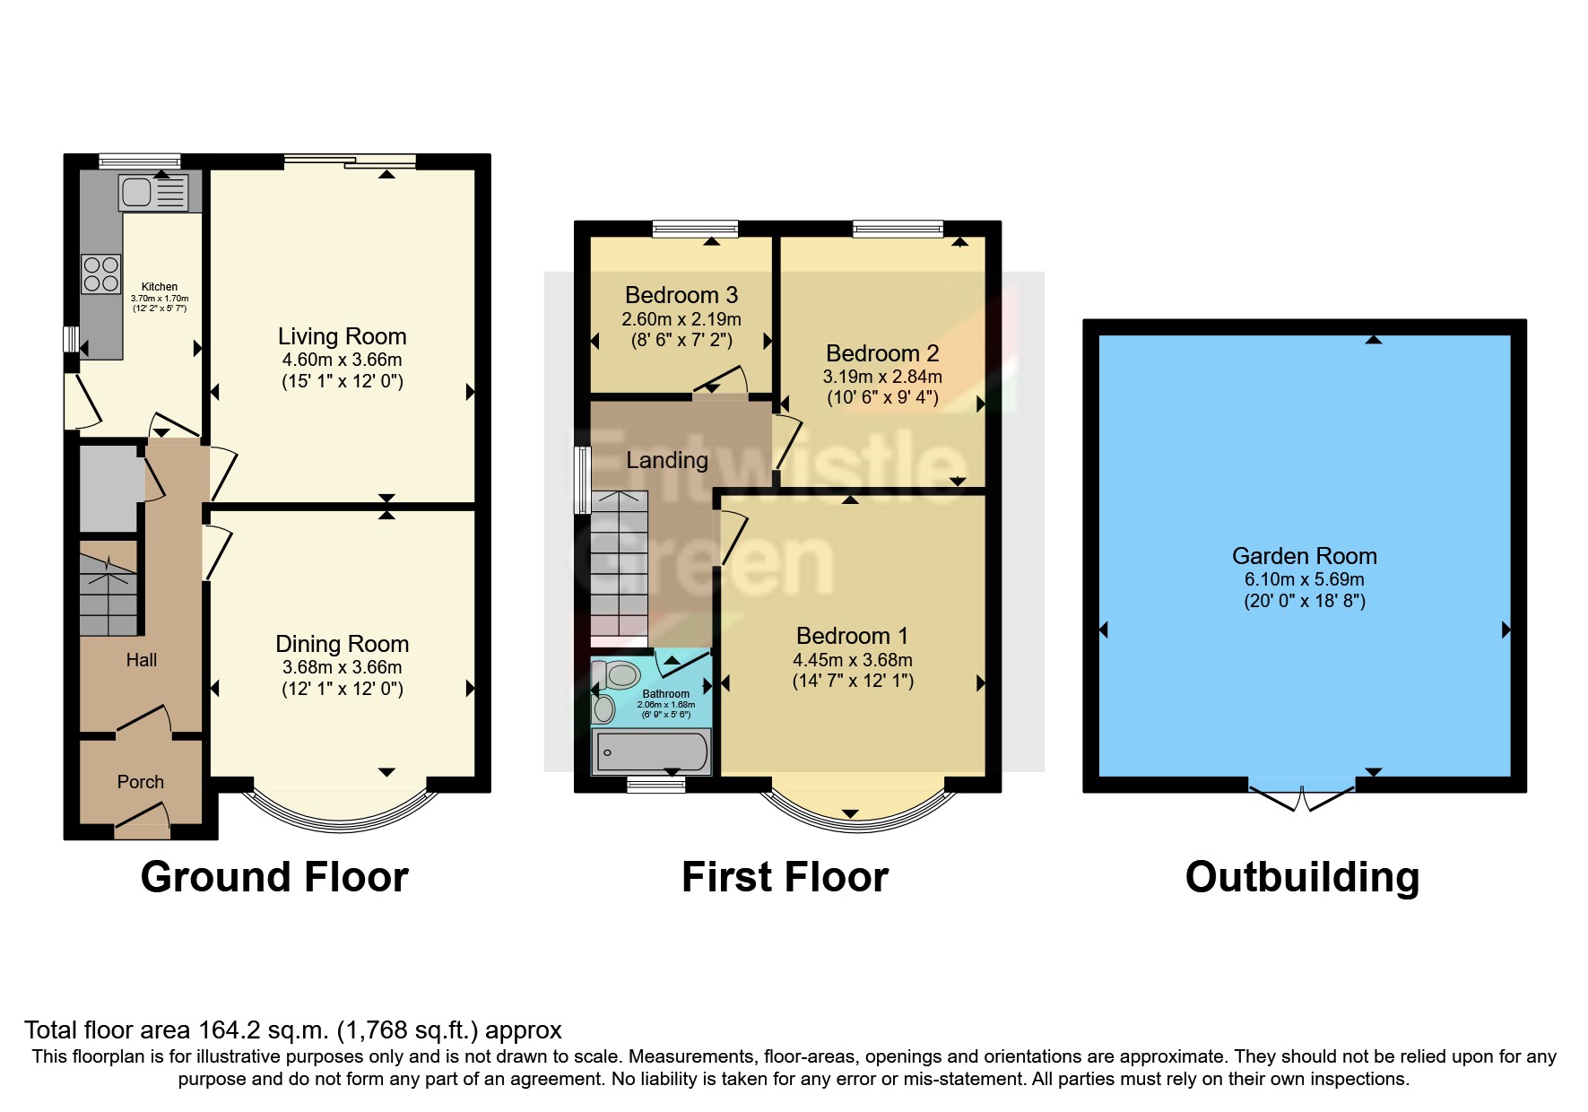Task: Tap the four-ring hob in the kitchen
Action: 101,274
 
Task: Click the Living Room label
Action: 342,336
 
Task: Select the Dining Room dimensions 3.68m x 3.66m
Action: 342,667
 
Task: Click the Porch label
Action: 141,782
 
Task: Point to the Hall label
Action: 142,660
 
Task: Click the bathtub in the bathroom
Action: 652,751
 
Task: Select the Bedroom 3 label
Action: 681,295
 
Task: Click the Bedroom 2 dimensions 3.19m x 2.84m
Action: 882,377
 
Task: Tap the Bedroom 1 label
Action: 852,636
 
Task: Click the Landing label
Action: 667,460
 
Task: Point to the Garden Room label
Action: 1304,556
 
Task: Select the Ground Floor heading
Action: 274,876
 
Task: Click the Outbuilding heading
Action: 1302,876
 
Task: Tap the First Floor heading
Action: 785,876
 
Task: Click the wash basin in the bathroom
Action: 605,708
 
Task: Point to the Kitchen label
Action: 160,287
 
